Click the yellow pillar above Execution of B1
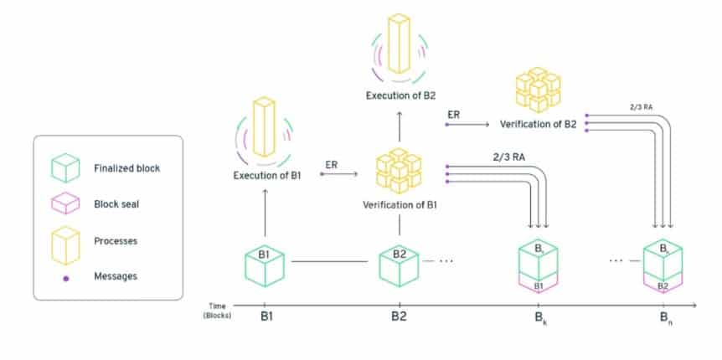click(x=264, y=129)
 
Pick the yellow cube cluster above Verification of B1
click(x=399, y=171)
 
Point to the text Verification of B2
click(x=538, y=124)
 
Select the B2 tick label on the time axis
click(x=399, y=318)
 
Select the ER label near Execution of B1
click(x=331, y=164)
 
